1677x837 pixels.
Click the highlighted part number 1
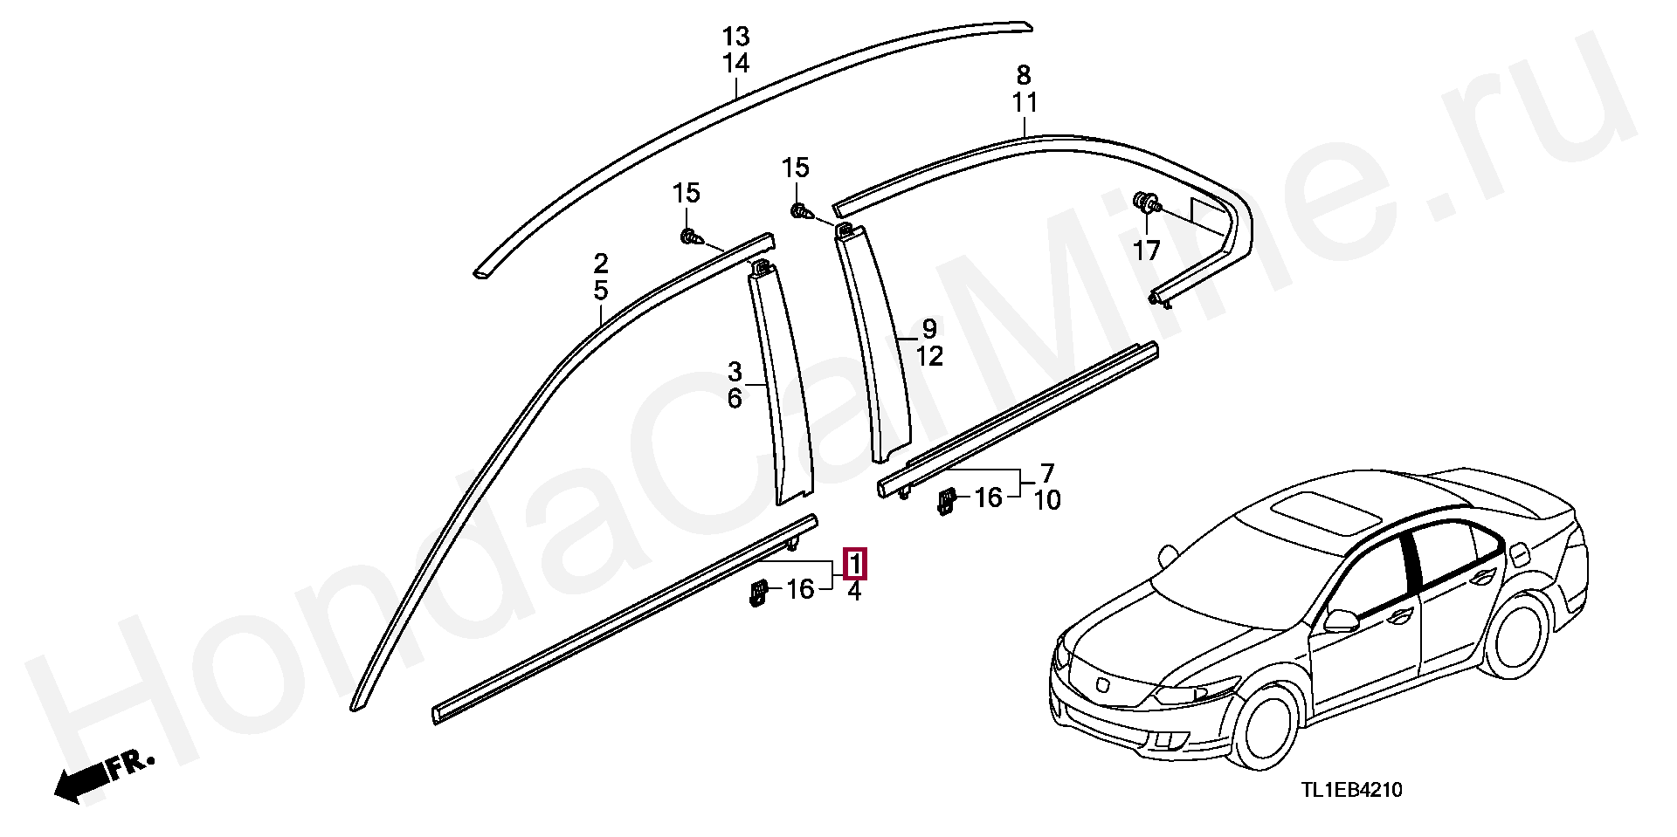855,563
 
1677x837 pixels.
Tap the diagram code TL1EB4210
1352,790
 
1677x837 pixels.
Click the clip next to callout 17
1147,203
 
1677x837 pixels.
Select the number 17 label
1146,250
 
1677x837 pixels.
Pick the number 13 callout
735,37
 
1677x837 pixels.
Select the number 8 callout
1024,75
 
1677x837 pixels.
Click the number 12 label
929,356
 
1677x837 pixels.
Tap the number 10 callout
1046,500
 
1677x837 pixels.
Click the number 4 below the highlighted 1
854,592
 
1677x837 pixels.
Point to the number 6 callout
735,399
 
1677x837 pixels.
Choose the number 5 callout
601,290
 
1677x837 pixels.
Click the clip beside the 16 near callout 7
946,501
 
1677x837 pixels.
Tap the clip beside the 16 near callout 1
757,594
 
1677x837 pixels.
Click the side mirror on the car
1342,621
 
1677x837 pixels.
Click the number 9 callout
929,329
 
